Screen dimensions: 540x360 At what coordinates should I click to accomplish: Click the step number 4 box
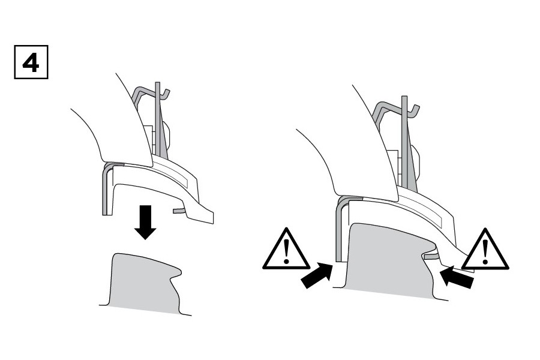(31, 62)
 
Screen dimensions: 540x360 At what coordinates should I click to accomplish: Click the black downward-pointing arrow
(145, 222)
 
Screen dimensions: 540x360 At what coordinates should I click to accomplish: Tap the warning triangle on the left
(286, 249)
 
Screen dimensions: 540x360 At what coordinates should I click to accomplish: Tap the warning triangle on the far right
(485, 249)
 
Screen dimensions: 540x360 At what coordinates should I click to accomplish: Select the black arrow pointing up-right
(317, 275)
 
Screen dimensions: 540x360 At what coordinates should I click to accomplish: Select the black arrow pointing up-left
(457, 276)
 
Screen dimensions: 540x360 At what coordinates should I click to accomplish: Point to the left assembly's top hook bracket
(151, 91)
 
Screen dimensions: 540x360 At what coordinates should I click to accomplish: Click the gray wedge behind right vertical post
(412, 158)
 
